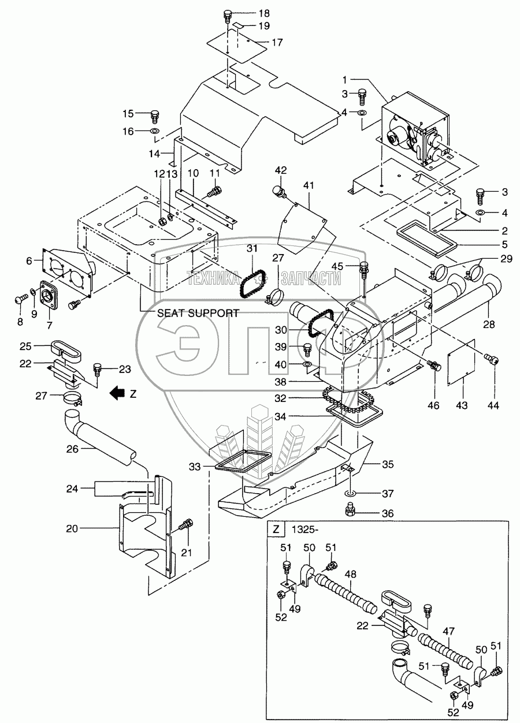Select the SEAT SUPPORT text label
point(198,313)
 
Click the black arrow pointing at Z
point(117,394)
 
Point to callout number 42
point(281,170)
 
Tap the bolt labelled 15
point(154,115)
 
